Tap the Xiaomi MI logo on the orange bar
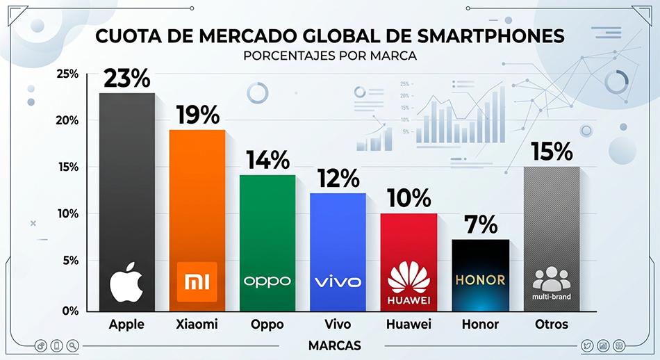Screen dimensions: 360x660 [197, 281]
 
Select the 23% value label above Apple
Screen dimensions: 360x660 [126, 79]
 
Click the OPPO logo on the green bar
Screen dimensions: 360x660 [267, 281]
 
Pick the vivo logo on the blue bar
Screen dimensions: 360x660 [338, 281]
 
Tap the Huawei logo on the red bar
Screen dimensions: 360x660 [409, 283]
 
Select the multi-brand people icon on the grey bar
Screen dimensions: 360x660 [550, 278]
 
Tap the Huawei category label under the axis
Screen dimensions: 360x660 [408, 325]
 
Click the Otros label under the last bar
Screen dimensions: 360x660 [552, 325]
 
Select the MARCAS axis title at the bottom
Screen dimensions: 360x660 [331, 345]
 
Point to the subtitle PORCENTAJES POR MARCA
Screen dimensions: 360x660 [330, 56]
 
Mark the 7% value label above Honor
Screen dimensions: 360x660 [479, 224]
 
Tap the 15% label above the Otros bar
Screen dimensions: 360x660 [552, 152]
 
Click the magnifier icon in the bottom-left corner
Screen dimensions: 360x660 [72, 345]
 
